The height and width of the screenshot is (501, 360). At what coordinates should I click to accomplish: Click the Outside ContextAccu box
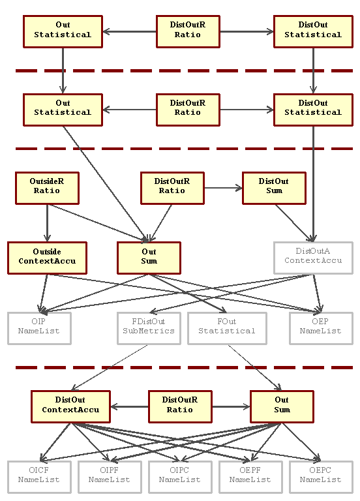[x=47, y=258]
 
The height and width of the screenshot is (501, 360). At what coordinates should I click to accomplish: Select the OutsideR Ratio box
[x=47, y=188]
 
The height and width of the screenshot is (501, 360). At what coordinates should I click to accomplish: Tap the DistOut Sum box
[x=274, y=188]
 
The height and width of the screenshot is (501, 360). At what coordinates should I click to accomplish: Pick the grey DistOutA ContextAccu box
[x=313, y=258]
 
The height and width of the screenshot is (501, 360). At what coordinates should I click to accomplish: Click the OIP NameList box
[x=39, y=328]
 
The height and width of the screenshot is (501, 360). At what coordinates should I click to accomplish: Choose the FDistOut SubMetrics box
[x=149, y=328]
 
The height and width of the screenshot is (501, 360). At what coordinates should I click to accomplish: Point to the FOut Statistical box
[x=227, y=328]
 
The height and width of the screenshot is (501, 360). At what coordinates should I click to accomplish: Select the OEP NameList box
[x=321, y=328]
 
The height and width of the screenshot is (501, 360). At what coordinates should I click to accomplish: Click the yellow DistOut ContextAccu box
[x=70, y=407]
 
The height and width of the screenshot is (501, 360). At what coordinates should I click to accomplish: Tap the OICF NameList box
[x=39, y=477]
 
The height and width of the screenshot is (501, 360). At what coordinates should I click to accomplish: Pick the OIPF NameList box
[x=110, y=477]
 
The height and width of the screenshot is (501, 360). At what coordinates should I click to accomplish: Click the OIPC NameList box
[x=180, y=477]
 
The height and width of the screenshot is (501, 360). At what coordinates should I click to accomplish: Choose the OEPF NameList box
[x=250, y=477]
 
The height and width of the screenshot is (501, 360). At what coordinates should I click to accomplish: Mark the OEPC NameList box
[x=321, y=477]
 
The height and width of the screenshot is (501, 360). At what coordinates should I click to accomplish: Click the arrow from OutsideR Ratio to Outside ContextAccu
[x=47, y=223]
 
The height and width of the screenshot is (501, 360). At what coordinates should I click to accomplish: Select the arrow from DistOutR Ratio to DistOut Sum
[x=223, y=188]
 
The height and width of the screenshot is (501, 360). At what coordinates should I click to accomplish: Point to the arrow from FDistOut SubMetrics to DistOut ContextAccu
[x=110, y=367]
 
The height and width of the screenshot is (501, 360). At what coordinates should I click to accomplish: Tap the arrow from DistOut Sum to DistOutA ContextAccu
[x=294, y=223]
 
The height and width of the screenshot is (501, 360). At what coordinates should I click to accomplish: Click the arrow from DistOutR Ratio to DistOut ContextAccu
[x=129, y=407]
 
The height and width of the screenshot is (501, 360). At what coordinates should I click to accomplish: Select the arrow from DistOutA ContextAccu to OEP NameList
[x=317, y=294]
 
